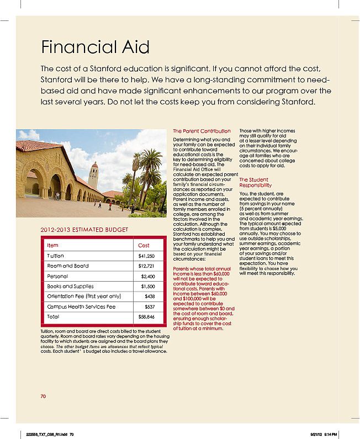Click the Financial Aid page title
coord(88,47)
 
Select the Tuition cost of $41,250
coord(146,256)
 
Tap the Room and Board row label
coord(68,266)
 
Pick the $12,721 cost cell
coord(146,266)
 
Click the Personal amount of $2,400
coord(147,276)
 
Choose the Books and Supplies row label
coord(71,287)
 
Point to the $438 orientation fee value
coord(149,297)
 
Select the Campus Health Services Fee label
coord(81,306)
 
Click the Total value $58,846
coord(146,317)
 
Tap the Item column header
coord(53,245)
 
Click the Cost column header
coord(144,245)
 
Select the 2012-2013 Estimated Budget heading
coord(84,230)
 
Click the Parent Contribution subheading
coord(202,131)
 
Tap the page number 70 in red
coord(44,396)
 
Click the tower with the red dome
coord(93,175)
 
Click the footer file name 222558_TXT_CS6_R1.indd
coord(47,434)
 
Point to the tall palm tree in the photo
coord(136,171)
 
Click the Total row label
coord(53,317)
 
